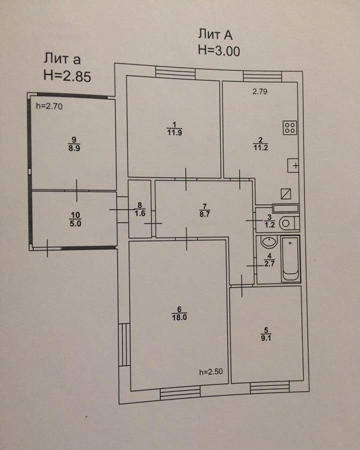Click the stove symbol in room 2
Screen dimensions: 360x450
pyautogui.click(x=290, y=127)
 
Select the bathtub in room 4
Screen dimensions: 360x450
pyautogui.click(x=290, y=259)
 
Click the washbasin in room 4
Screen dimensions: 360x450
pyautogui.click(x=269, y=242)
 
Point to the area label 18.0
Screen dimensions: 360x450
pyautogui.click(x=179, y=317)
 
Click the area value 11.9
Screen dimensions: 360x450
pyautogui.click(x=174, y=132)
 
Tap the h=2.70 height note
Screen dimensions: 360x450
pyautogui.click(x=49, y=106)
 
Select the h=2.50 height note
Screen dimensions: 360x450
pyautogui.click(x=211, y=372)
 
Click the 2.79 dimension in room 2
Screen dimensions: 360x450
pyautogui.click(x=260, y=91)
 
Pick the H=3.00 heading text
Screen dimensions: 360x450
pyautogui.click(x=219, y=51)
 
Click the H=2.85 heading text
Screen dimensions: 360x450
pyautogui.click(x=67, y=76)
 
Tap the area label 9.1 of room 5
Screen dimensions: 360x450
pyautogui.click(x=266, y=338)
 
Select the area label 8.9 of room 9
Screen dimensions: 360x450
pyautogui.click(x=74, y=148)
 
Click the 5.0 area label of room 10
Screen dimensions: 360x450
pyautogui.click(x=75, y=223)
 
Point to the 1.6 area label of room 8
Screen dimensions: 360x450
pyautogui.click(x=140, y=213)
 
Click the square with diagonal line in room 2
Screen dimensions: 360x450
pyautogui.click(x=286, y=193)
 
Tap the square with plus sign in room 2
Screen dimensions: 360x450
pyautogui.click(x=293, y=165)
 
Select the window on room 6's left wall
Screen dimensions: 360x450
pyautogui.click(x=124, y=344)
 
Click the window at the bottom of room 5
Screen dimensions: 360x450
pyautogui.click(x=269, y=387)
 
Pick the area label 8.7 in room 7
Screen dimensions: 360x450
pyautogui.click(x=204, y=214)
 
